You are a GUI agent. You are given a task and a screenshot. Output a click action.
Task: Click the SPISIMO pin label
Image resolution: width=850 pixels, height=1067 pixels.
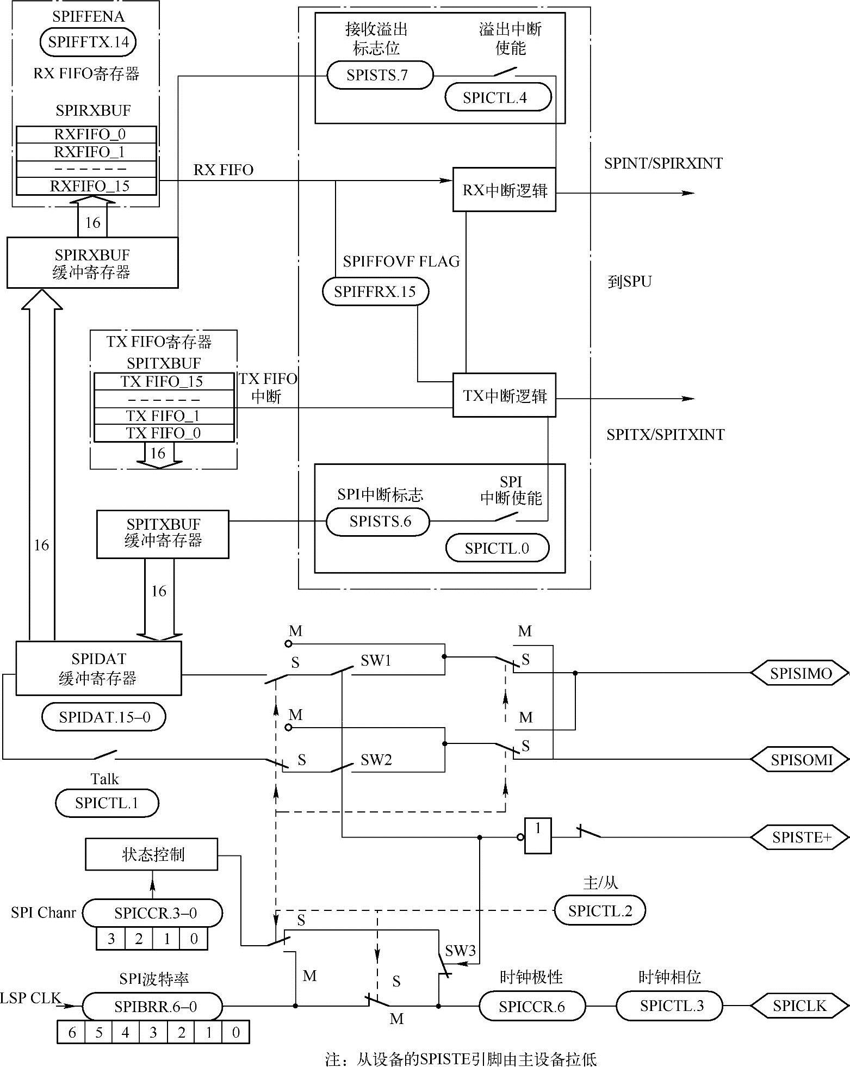(800, 673)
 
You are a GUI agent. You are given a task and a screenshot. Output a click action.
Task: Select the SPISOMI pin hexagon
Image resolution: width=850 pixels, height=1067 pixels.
(800, 759)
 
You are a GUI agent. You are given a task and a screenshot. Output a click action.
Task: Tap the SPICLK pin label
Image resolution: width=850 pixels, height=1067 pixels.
(799, 1006)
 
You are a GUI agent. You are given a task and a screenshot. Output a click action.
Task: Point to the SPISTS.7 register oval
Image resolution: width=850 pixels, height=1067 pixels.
(380, 75)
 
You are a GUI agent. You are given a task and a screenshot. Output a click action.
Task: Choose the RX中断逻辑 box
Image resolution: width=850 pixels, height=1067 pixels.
(504, 189)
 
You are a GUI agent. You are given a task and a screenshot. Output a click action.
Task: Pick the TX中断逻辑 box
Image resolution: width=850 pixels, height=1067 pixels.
(504, 395)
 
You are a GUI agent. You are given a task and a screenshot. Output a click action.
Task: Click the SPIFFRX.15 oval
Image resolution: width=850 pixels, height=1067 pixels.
(375, 291)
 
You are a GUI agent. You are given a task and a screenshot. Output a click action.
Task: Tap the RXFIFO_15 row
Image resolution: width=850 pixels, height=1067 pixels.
(86, 186)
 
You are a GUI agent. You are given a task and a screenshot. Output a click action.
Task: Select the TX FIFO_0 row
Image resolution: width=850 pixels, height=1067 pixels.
(164, 433)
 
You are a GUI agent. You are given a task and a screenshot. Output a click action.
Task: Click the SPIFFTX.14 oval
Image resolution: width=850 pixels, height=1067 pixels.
(88, 42)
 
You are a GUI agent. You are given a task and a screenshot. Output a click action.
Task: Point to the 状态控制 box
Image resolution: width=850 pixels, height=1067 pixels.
(152, 854)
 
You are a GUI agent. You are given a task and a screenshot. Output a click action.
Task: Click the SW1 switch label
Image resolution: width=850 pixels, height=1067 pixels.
(376, 660)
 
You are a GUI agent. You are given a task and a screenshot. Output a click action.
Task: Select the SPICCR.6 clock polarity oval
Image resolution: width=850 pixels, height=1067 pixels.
(532, 1007)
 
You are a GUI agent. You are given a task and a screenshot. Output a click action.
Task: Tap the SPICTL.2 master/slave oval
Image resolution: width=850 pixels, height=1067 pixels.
(600, 911)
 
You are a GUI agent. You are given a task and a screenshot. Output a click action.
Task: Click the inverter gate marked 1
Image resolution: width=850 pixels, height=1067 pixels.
(537, 836)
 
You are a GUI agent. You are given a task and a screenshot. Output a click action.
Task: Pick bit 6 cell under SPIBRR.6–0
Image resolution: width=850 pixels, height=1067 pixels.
(72, 1032)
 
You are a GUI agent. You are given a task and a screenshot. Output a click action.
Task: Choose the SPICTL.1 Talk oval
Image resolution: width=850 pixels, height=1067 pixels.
(107, 803)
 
